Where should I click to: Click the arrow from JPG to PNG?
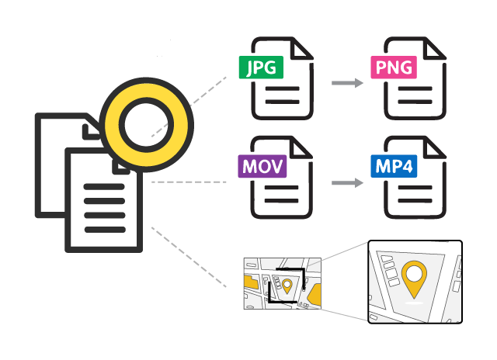click(346, 81)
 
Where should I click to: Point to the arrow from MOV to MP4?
click(346, 183)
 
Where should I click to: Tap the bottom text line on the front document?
click(103, 228)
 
